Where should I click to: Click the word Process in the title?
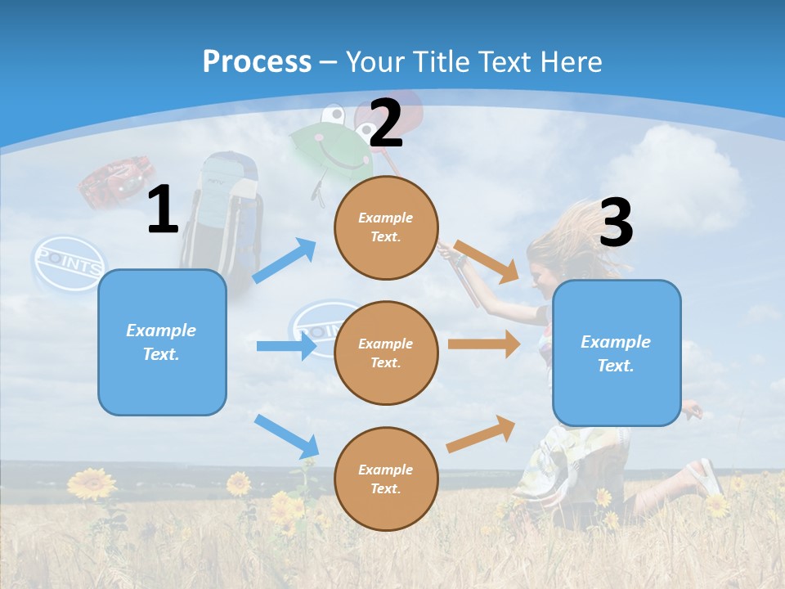pos(257,61)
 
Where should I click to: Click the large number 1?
pos(163,210)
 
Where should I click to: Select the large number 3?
pos(616,223)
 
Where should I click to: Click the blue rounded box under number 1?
pos(162,342)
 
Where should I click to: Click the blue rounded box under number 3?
pos(617,353)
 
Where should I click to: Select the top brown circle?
pos(386,227)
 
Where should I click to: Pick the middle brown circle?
pos(386,353)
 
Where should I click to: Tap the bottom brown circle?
pos(386,479)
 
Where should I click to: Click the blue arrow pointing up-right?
pos(285,261)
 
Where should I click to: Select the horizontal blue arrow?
pos(286,346)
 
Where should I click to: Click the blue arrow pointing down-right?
pos(287,436)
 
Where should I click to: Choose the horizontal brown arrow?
pos(483,344)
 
